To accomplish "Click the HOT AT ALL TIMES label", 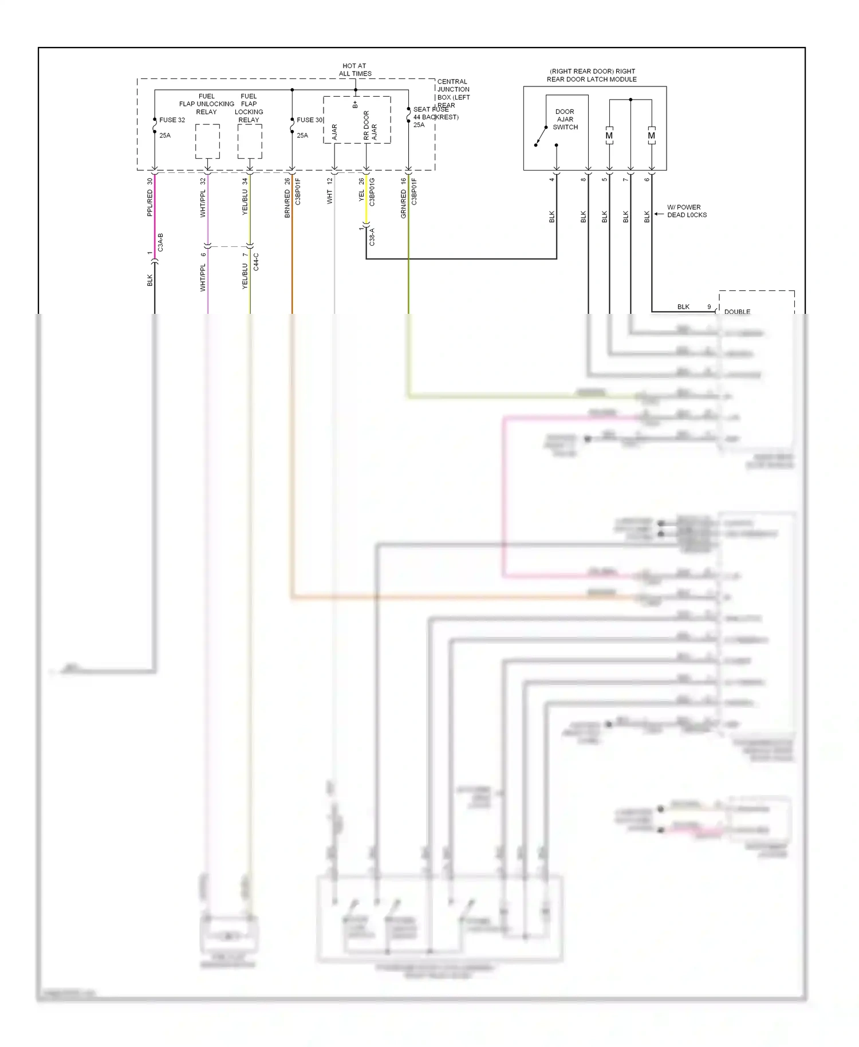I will (354, 70).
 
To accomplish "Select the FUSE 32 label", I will (172, 120).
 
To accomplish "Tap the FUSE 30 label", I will (309, 120).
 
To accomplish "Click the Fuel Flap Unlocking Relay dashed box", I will (207, 141).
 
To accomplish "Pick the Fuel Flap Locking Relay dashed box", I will (250, 141).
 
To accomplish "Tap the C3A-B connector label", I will (161, 242).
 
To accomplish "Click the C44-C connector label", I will (256, 262).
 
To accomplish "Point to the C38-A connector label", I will (372, 237).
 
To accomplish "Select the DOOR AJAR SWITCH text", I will (565, 120).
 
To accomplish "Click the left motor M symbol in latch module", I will (609, 136).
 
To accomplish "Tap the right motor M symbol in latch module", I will (652, 136).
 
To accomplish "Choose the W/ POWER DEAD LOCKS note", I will (687, 211).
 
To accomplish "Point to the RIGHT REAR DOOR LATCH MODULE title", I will (592, 76).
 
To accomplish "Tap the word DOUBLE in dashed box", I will (737, 312).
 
